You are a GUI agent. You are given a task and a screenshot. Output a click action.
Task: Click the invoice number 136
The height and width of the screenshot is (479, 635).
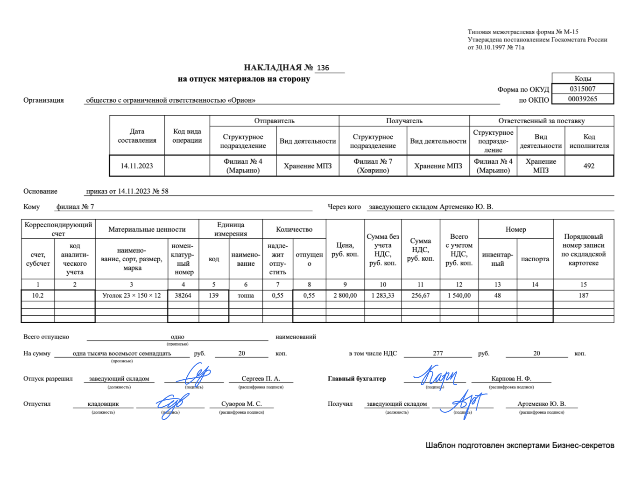coord(323,68)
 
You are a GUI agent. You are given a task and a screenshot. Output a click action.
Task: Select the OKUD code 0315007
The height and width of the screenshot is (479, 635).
coord(582,89)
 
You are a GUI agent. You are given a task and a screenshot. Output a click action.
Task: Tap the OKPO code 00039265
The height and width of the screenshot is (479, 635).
coord(582,99)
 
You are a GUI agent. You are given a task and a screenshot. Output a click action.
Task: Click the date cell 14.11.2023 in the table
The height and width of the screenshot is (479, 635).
coord(137,166)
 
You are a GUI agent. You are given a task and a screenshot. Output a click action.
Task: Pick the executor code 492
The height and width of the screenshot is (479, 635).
coord(589,166)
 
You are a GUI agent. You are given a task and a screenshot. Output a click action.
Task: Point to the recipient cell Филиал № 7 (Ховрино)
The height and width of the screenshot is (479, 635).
coord(373,166)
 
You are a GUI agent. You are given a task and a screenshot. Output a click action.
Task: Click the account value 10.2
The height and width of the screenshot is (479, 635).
coord(38,295)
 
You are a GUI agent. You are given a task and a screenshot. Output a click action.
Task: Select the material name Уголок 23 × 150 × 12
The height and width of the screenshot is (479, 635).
coord(132,295)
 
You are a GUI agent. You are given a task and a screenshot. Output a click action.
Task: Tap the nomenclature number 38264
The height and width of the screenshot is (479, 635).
coord(183,295)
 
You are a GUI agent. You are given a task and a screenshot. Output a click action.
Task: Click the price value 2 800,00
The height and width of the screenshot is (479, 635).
coord(345,295)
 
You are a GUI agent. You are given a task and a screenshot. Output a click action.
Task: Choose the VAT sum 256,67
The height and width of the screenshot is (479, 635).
coord(420,295)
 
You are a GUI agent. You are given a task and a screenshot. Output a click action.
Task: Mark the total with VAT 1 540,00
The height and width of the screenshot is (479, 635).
coord(459,295)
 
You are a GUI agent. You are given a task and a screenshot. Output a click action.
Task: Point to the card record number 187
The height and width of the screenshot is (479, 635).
coord(584,295)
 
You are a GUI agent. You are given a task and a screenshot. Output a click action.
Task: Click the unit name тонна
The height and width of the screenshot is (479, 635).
coord(246,295)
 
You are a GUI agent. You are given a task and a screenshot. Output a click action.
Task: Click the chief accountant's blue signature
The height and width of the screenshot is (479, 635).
coord(434,376)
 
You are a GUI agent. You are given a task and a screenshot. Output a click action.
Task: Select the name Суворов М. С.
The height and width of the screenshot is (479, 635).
coord(241,404)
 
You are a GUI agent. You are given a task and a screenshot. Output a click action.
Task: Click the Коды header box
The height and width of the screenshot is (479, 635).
coord(583,78)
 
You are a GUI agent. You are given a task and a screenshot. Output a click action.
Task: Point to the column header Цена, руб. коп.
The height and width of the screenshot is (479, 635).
coord(345,250)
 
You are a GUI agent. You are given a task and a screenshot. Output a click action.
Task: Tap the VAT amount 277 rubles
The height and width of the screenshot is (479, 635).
coord(438,354)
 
